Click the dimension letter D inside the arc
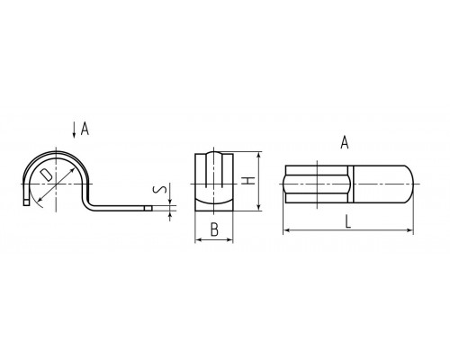[x=47, y=175]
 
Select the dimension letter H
[x=248, y=181]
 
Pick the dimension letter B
[x=214, y=229]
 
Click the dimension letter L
[x=348, y=222]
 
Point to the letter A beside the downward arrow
[x=85, y=129]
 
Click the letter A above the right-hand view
[x=345, y=142]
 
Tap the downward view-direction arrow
[x=74, y=130]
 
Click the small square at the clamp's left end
[x=26, y=202]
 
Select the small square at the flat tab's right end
[x=148, y=208]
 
